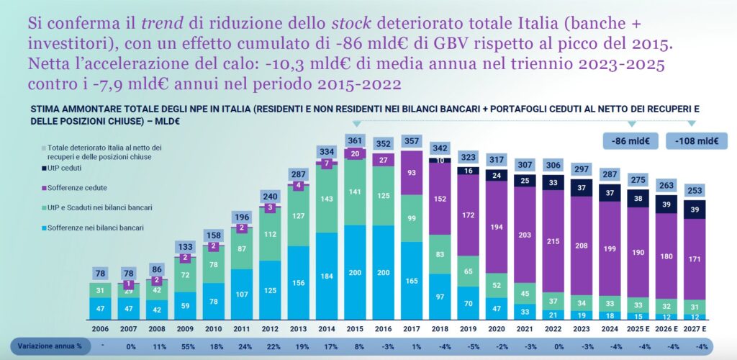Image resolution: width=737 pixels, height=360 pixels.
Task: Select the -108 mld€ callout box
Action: coord(693,141)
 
